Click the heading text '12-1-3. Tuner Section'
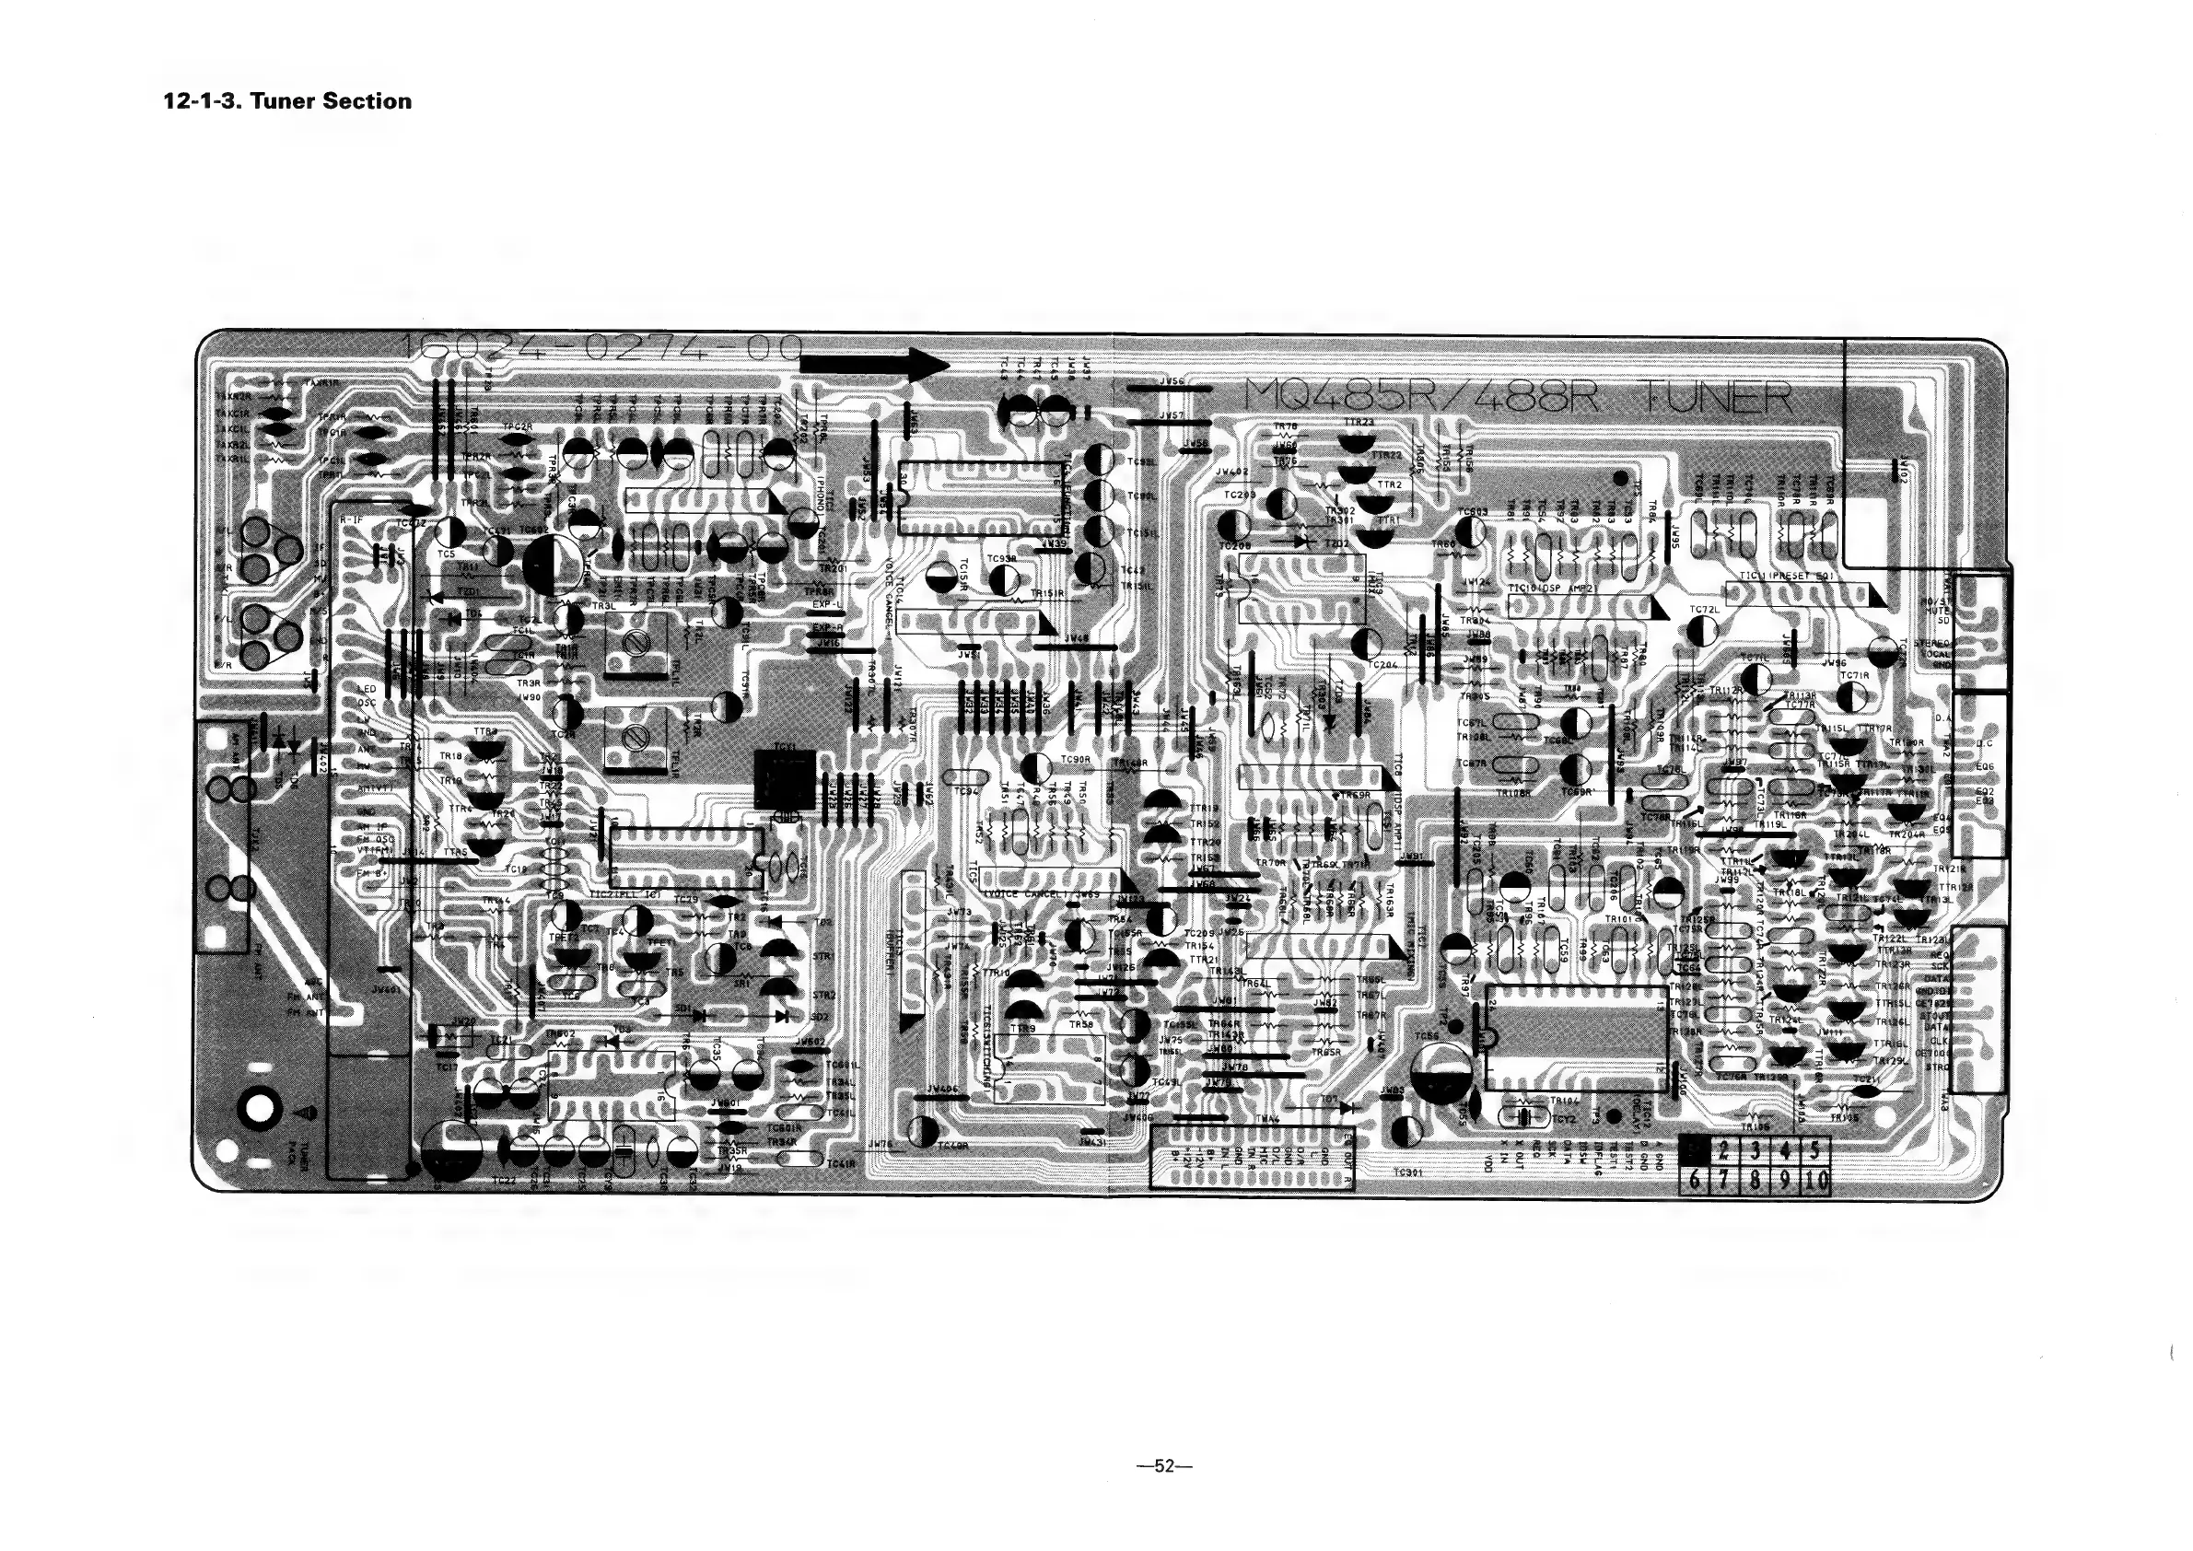coord(287,101)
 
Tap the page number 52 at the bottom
coord(1163,1466)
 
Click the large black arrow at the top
coord(874,364)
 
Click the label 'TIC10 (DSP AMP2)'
coord(1551,589)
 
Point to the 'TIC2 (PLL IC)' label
coord(625,894)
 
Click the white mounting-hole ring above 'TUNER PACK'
coord(261,1108)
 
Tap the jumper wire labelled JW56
coord(1169,389)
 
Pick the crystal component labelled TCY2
coord(1526,1115)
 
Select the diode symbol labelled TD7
coord(1347,1108)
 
